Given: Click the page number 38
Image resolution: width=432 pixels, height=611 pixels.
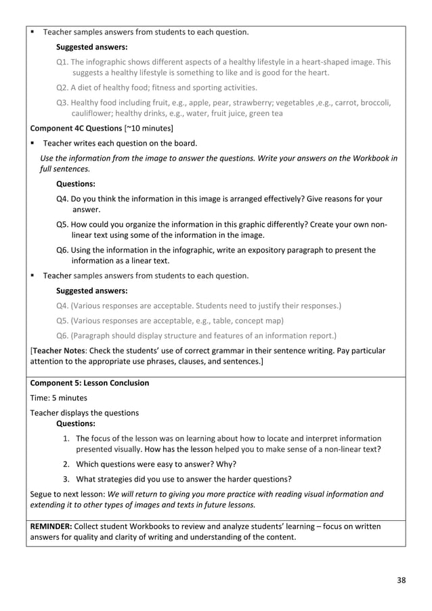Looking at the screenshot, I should pos(401,579).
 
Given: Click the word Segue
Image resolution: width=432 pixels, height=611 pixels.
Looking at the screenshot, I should pos(43,494).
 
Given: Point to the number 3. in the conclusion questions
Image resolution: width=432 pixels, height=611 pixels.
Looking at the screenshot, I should pos(67,478).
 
